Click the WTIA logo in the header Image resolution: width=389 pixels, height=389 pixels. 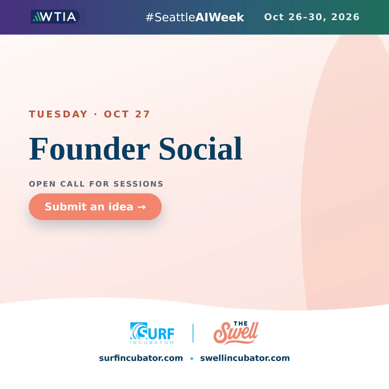point(55,16)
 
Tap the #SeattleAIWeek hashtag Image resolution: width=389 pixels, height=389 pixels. point(195,17)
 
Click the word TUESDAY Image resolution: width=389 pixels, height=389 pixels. point(58,114)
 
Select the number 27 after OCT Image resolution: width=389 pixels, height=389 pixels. point(143,114)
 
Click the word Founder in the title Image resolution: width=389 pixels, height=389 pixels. point(89,149)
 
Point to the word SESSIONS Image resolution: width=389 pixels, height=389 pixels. point(139,184)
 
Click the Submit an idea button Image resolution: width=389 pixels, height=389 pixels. point(95,207)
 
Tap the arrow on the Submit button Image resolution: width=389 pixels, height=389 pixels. point(142,207)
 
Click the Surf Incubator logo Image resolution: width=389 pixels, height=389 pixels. point(152,333)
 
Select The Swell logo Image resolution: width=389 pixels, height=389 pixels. point(236,333)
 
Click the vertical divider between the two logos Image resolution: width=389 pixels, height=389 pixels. point(193,333)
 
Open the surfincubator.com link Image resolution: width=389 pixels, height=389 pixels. point(141,358)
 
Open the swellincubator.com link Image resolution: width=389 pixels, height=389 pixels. point(245,358)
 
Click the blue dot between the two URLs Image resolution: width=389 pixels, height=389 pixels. point(192,358)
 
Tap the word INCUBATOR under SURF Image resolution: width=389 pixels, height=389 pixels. point(152,343)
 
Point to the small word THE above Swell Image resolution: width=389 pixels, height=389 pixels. point(241,324)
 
